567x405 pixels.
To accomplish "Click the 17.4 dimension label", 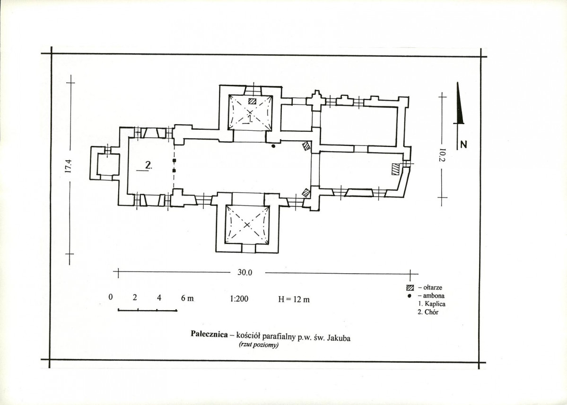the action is tap(69, 166).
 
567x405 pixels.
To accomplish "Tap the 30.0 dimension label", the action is tap(245, 273).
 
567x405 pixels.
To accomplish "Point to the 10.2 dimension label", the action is tap(443, 156).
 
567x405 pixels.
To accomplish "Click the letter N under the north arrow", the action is tap(463, 144).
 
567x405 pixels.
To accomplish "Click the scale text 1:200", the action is tap(239, 299).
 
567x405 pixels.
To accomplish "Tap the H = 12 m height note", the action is tap(294, 299).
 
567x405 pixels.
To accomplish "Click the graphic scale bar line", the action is tap(148, 310).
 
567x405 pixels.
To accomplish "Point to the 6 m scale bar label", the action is tap(187, 298).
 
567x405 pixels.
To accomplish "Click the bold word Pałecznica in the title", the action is tap(209, 333).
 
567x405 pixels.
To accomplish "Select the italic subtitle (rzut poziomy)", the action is tap(258, 345).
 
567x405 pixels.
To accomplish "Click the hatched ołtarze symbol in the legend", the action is tap(410, 288).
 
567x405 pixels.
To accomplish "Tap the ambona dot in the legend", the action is tap(410, 296).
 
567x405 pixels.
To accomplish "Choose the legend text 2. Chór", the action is tap(428, 312).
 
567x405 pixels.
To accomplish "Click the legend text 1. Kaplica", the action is tap(431, 304).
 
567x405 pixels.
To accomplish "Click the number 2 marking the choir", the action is tap(148, 165).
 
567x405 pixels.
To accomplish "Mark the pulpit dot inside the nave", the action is tap(273, 146).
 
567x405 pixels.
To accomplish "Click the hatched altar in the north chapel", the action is tap(252, 101).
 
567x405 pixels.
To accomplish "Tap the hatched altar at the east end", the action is tap(395, 169).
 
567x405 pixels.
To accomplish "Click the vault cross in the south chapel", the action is tap(247, 225).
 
